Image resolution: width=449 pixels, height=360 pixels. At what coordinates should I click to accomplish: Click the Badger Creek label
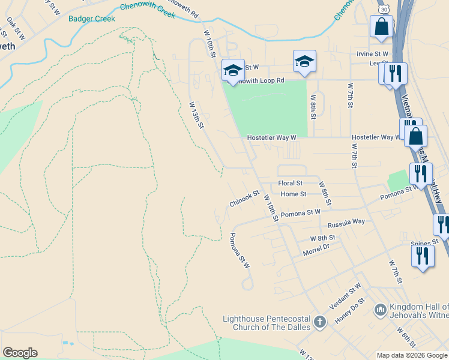[92, 19]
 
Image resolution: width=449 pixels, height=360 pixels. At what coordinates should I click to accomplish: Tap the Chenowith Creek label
[147, 10]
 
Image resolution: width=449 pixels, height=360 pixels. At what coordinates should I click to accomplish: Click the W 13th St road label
[197, 114]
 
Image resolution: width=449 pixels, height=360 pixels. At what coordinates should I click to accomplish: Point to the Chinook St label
[244, 199]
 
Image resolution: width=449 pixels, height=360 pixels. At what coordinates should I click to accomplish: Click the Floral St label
[291, 183]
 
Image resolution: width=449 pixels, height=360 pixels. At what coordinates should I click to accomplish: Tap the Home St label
[294, 194]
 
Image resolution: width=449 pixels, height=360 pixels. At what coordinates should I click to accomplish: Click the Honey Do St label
[349, 311]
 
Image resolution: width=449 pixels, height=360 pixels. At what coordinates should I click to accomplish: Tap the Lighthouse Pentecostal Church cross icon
[319, 323]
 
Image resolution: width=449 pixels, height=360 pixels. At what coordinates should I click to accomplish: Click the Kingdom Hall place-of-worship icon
[379, 310]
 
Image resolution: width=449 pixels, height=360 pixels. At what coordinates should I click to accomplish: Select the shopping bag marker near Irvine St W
[381, 26]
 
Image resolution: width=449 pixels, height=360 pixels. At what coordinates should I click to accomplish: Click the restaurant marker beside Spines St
[423, 256]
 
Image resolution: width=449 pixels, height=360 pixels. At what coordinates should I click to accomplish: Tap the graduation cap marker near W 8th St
[304, 61]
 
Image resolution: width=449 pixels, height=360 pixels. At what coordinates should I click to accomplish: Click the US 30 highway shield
[385, 9]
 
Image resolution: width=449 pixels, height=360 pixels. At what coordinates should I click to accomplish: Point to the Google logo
[20, 353]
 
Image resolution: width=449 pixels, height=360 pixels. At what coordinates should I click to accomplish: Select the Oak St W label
[16, 28]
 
